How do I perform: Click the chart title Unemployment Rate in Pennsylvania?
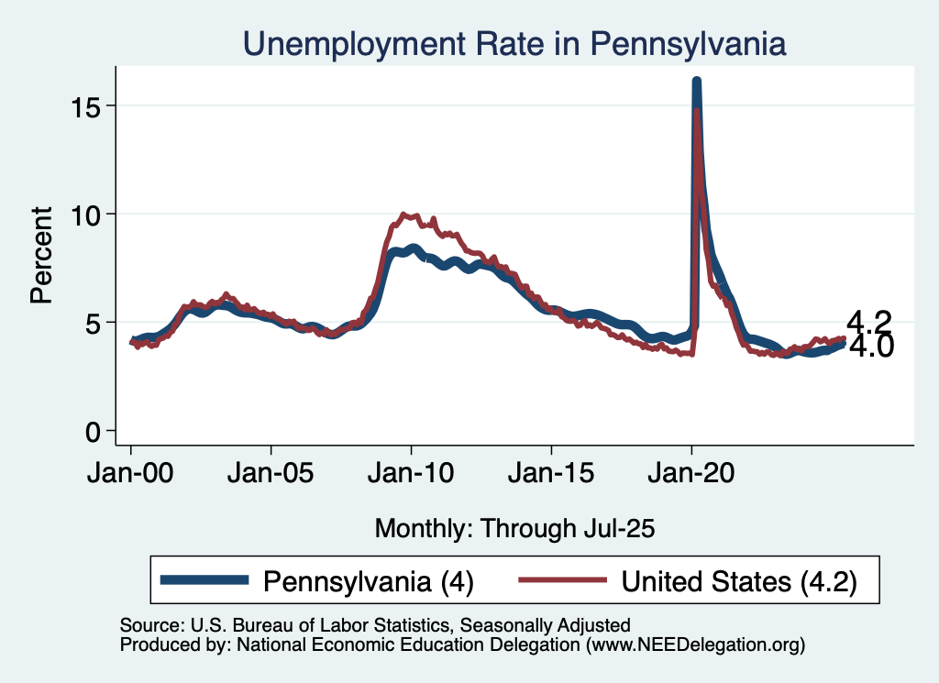pyautogui.click(x=514, y=43)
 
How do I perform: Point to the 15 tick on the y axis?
pyautogui.click(x=88, y=105)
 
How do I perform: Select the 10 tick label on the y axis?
pyautogui.click(x=88, y=214)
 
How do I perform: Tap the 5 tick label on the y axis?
pyautogui.click(x=95, y=322)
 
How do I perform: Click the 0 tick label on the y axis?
pyautogui.click(x=95, y=430)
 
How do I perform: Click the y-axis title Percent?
pyautogui.click(x=40, y=256)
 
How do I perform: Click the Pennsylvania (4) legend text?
pyautogui.click(x=369, y=580)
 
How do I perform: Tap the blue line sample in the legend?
pyautogui.click(x=204, y=579)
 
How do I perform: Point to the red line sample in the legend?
pyautogui.click(x=562, y=579)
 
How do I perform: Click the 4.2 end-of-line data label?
pyautogui.click(x=869, y=322)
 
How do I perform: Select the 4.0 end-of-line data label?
pyautogui.click(x=871, y=347)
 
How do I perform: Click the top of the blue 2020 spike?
pyautogui.click(x=696, y=83)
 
